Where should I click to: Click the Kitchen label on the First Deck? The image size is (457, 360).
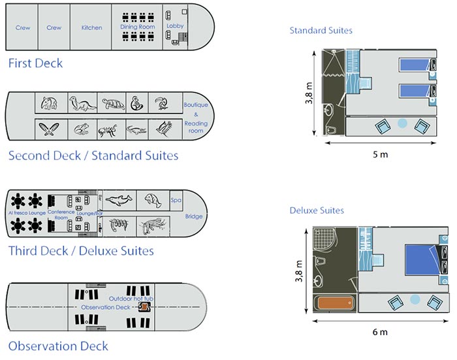coord(91,28)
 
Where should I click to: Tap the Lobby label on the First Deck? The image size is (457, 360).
coord(175,26)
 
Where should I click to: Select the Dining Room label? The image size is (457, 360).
coord(136,27)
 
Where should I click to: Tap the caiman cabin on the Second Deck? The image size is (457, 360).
coord(137,129)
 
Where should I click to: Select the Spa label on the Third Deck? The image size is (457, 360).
coord(176,200)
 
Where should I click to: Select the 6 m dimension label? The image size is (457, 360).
coord(380,332)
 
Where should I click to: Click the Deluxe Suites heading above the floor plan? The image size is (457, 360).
coord(317,210)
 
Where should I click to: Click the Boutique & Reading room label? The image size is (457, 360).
coord(195,118)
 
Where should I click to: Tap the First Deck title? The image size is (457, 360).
coord(35,63)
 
